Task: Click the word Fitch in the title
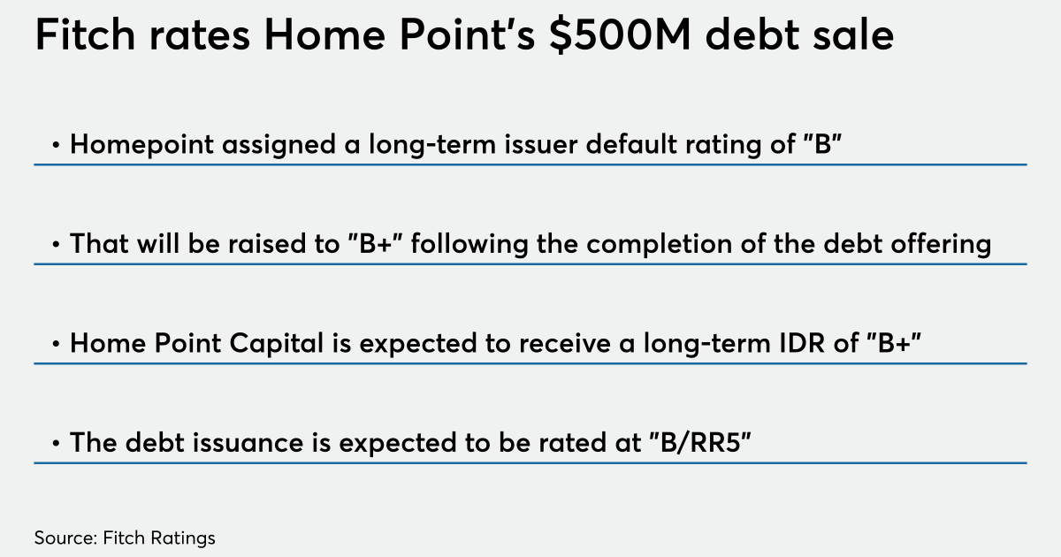click(x=85, y=34)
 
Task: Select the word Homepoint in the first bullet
click(x=141, y=144)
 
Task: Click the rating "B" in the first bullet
click(x=823, y=143)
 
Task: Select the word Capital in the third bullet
click(x=276, y=343)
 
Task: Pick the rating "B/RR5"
click(x=699, y=442)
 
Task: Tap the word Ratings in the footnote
click(x=183, y=538)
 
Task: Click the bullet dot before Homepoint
click(x=56, y=145)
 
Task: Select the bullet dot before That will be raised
click(x=56, y=244)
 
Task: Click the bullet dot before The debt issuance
click(x=56, y=443)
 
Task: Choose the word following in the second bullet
click(x=469, y=244)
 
